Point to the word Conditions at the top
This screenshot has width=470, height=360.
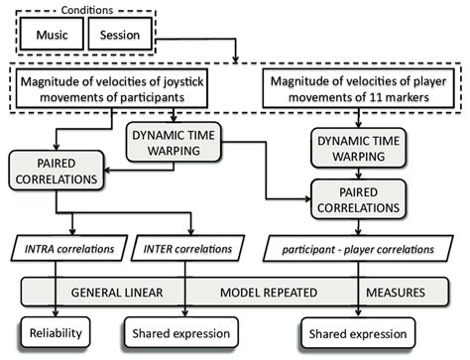pyautogui.click(x=95, y=10)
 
